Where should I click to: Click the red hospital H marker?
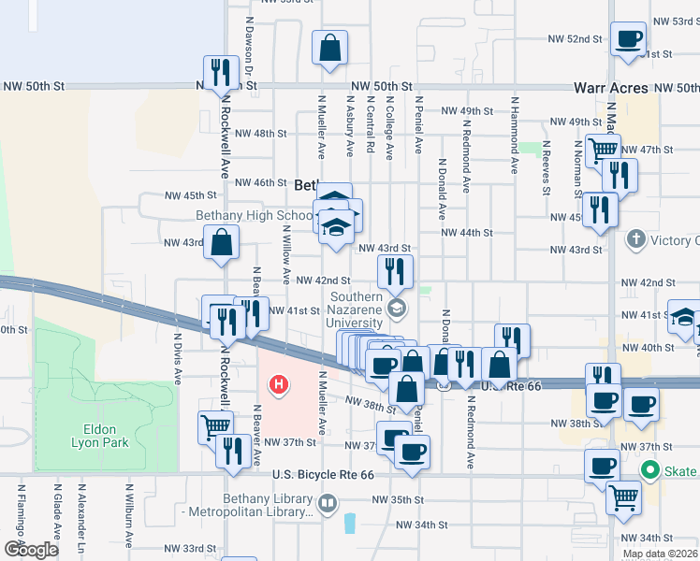[278, 384]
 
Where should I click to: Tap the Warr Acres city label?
[611, 88]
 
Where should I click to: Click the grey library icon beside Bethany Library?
[327, 505]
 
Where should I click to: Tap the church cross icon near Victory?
[636, 240]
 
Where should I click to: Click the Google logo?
[31, 550]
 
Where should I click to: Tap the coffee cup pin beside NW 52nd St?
[628, 38]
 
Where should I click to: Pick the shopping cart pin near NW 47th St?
[602, 150]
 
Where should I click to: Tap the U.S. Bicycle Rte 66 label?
[323, 475]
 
